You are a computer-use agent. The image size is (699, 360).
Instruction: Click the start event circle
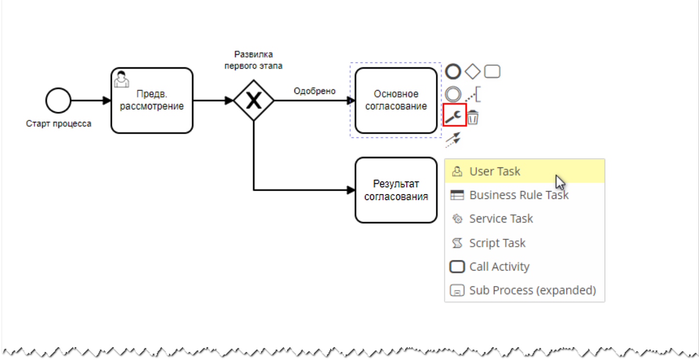coord(58,101)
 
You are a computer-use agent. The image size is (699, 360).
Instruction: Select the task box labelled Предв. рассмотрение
coord(152,101)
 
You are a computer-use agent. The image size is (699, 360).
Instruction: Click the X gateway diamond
coord(253,101)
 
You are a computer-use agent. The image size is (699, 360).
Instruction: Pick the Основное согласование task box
coord(396,101)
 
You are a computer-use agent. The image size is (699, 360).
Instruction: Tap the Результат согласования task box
coord(396,190)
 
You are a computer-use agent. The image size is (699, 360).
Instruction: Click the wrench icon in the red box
coord(454,116)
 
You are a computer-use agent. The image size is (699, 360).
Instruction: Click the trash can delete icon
coord(473,117)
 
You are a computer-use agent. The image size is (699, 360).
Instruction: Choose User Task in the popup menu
coord(494,171)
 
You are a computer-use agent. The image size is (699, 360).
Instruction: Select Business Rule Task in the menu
coord(519,195)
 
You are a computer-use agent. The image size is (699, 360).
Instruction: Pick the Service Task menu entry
coord(501,219)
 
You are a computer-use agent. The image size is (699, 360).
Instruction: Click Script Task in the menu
coord(497,243)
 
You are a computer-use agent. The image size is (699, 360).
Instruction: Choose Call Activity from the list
coord(499,267)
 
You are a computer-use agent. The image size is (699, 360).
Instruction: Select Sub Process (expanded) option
coord(532,290)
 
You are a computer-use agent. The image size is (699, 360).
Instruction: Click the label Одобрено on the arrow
coord(314,91)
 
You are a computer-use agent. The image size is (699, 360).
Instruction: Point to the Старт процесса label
coord(59,124)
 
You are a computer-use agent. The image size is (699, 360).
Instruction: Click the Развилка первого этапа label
coord(253,60)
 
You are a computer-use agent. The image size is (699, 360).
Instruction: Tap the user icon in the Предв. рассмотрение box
coord(121,79)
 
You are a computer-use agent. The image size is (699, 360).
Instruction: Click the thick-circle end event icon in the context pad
coord(453,72)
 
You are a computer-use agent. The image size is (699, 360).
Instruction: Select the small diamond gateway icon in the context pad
coord(473,72)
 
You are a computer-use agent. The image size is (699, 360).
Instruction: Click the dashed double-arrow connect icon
coord(453,139)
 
